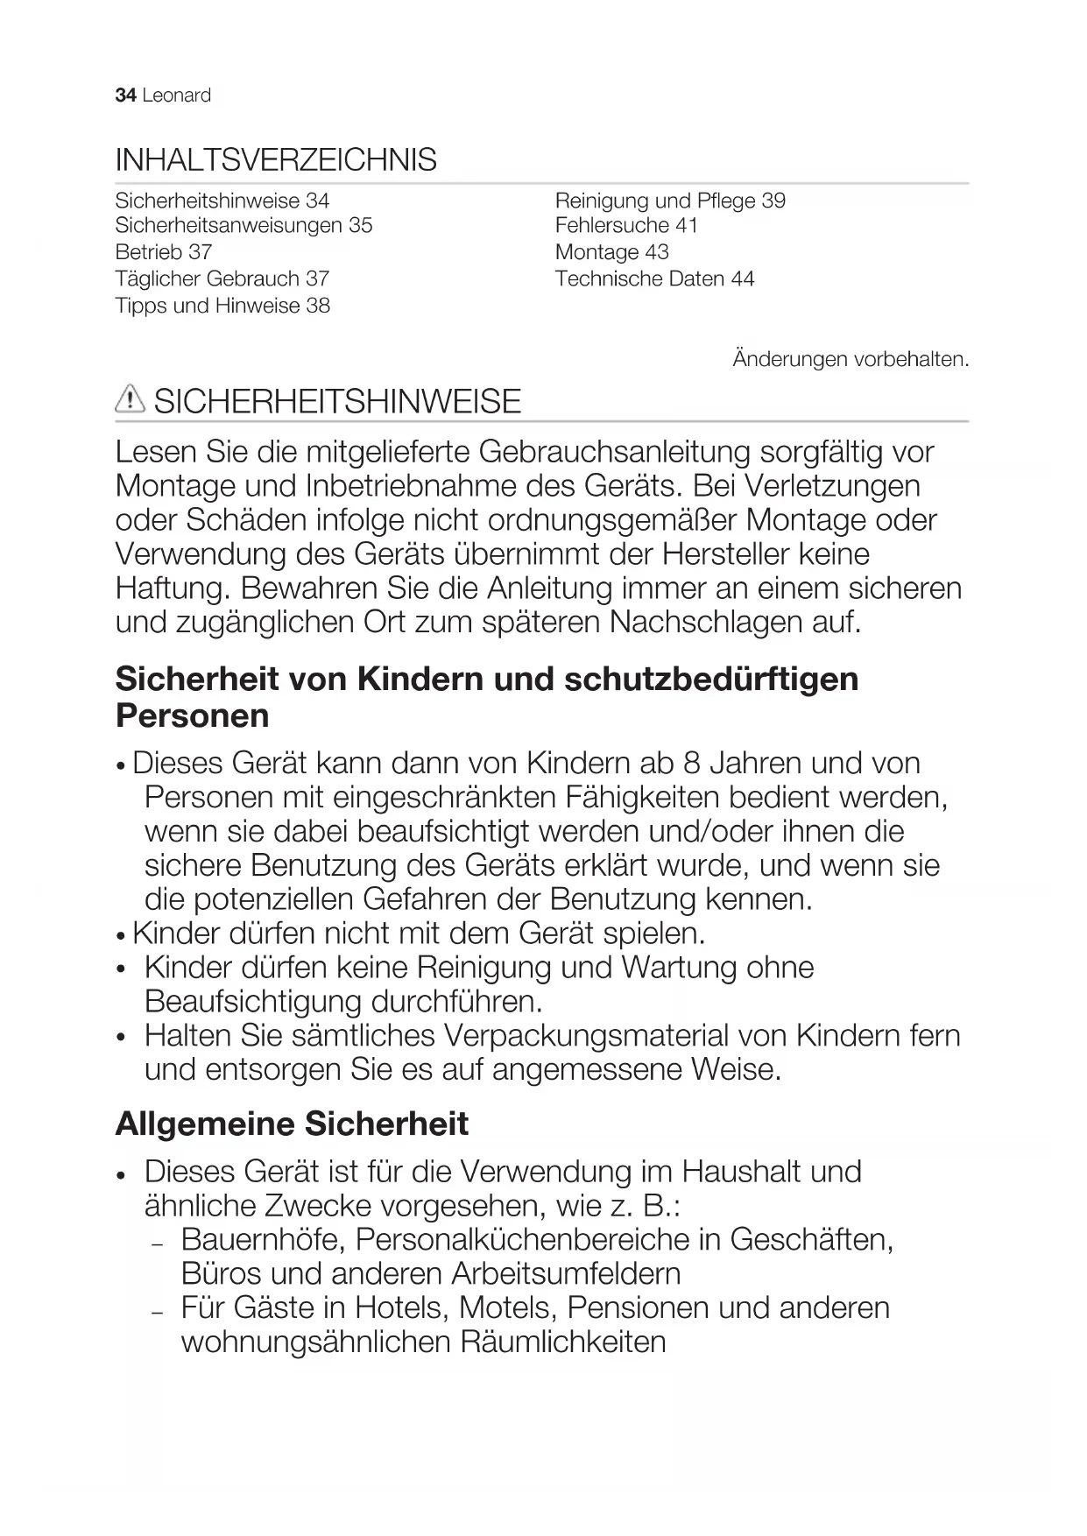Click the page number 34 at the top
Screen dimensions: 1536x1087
[x=125, y=95]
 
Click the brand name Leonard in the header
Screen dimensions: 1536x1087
[x=176, y=95]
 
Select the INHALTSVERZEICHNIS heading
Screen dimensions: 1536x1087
[x=276, y=160]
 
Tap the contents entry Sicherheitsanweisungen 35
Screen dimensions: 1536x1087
[x=244, y=226]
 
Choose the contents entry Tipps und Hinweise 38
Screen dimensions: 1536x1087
[x=222, y=306]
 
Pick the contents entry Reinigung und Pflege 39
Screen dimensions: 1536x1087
[x=670, y=201]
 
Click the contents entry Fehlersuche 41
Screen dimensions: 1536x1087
[x=626, y=226]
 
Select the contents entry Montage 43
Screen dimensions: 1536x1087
[x=611, y=252]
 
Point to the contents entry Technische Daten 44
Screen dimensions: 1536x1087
[x=654, y=278]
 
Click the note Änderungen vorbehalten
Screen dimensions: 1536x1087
[x=851, y=359]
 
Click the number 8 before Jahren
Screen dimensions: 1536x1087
[x=692, y=764]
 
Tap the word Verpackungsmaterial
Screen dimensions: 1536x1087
[x=586, y=1036]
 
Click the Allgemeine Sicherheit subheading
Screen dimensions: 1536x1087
[x=292, y=1124]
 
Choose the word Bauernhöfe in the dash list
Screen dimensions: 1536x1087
[x=263, y=1240]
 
